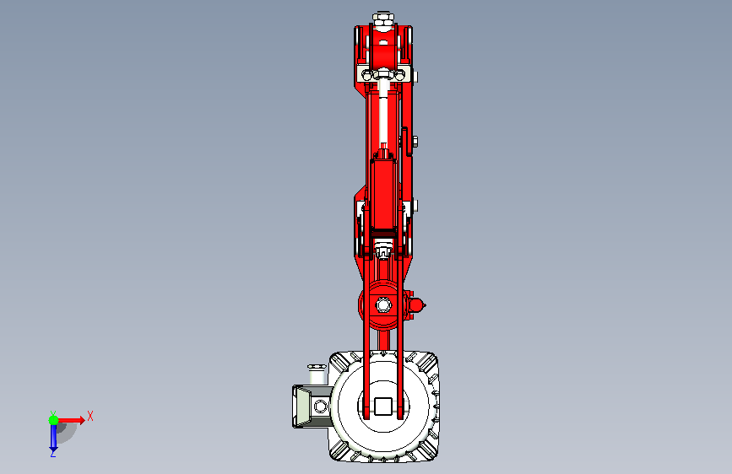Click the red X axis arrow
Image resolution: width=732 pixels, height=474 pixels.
click(70, 420)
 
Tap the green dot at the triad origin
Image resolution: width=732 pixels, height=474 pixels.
click(53, 420)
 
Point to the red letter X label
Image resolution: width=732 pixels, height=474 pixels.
click(90, 416)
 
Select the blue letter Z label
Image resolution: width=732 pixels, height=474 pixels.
click(53, 453)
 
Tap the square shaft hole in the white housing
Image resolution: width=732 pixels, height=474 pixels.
click(382, 406)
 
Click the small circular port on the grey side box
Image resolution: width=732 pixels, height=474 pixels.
click(320, 406)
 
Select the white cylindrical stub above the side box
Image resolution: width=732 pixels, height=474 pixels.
click(316, 374)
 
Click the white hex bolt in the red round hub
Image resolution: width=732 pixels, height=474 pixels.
click(383, 305)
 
